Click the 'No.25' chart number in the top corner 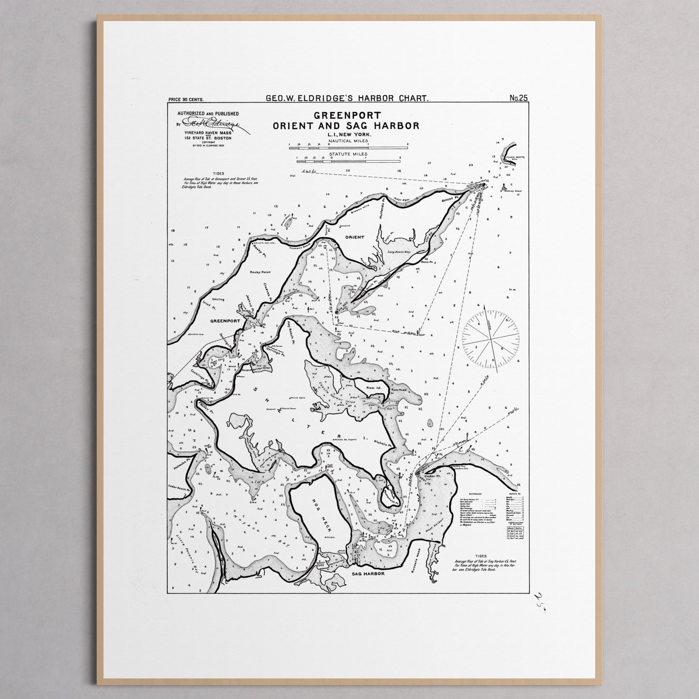518,98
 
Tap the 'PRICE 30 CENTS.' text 186,100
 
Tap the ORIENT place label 355,237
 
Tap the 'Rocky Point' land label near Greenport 260,272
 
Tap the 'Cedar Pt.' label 430,476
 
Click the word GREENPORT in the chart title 347,116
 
